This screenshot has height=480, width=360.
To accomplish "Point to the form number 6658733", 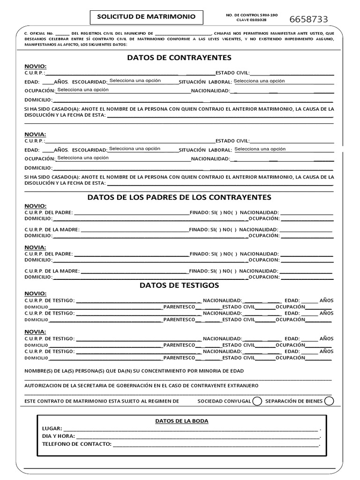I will coord(308,19).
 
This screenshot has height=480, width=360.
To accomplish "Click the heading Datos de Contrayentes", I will coord(179,58).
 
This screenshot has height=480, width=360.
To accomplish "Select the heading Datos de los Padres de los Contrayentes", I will coord(179,197).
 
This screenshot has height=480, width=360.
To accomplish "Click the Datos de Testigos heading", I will coord(179,285).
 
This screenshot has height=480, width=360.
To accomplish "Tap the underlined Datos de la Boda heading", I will coord(181,421).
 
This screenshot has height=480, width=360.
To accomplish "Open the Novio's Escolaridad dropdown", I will coord(135,81).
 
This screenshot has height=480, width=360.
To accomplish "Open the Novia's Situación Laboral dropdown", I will coord(260,149).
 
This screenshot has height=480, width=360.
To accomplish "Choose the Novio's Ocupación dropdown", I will coord(83,90).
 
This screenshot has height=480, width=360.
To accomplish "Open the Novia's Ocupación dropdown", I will coord(83,158).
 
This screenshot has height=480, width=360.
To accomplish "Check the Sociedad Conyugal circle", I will coord(257,401).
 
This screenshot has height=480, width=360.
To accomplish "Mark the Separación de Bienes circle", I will coord(329,401).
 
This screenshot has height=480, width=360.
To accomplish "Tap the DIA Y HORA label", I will coord(58,436).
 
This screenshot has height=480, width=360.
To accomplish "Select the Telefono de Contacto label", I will coord(76,444).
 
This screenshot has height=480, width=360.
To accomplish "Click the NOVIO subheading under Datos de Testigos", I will coord(36,293).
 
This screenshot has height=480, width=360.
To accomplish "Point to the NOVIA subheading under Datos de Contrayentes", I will coord(36,135).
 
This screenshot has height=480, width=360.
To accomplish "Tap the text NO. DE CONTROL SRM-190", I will coord(252,15).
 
